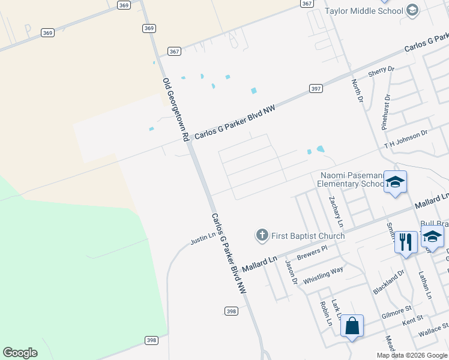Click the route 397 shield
click(x=316, y=88)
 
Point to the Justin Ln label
click(x=203, y=239)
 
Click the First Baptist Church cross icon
click(x=262, y=235)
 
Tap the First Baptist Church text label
click(x=308, y=236)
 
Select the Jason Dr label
click(x=292, y=272)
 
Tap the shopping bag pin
click(x=352, y=326)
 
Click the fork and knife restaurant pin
click(x=406, y=242)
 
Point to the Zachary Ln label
click(x=336, y=211)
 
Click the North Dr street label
click(x=358, y=90)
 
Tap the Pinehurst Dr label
click(x=386, y=112)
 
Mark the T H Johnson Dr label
click(x=406, y=140)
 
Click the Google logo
click(x=20, y=353)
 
